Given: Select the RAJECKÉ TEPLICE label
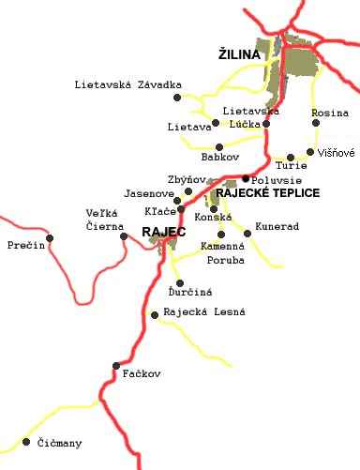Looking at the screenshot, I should click(x=267, y=192).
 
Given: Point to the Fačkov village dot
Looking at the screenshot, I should click(x=116, y=366).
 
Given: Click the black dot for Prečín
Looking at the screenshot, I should click(x=51, y=237).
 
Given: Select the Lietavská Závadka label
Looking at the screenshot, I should click(x=127, y=85).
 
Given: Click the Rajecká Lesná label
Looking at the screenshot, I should click(x=203, y=311).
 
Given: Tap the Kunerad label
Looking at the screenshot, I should click(x=277, y=227).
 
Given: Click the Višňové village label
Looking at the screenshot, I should click(x=337, y=152).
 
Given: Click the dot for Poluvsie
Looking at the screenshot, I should click(x=246, y=178).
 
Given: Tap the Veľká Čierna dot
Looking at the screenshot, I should click(x=124, y=236).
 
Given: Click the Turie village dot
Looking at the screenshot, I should click(x=291, y=158).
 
